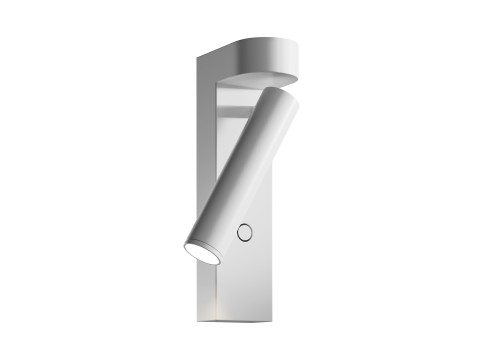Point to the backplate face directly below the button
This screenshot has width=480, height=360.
(x=244, y=270)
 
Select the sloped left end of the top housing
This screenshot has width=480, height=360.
(x=213, y=55)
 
